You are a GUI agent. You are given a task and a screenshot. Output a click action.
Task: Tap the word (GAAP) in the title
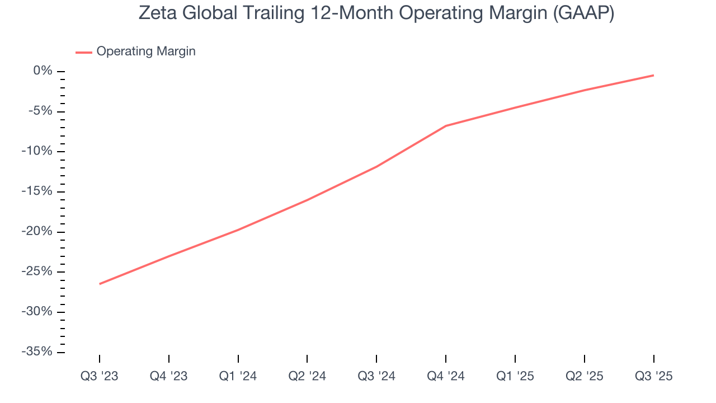point(582,14)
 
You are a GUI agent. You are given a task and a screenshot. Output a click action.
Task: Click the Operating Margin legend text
point(146,51)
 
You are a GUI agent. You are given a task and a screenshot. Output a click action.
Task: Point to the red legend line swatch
point(84,52)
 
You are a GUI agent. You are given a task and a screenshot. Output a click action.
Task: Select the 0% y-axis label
point(43,71)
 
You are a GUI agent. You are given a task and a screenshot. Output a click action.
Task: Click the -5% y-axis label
point(40,111)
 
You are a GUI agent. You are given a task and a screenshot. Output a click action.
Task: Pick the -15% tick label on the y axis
point(37,191)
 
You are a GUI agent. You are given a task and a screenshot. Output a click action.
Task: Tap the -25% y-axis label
point(37,271)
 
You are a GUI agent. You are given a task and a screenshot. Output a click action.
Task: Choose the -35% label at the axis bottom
point(37,352)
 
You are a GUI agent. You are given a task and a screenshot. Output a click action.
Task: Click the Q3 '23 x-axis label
point(100,376)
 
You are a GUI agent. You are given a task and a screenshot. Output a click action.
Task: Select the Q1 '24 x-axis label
point(238,376)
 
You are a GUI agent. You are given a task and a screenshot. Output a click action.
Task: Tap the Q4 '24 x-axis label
point(446,376)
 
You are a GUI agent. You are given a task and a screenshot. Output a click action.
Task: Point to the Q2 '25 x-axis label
point(584,376)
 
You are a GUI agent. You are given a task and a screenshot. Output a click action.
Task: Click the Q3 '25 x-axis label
point(653,376)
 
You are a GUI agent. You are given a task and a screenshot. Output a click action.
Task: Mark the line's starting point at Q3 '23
point(100,284)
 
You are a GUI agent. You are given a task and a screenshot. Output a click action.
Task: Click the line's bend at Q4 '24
point(446,126)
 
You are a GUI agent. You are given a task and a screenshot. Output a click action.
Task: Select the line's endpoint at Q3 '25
point(653,75)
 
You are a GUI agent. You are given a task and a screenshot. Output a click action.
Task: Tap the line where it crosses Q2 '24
point(307,200)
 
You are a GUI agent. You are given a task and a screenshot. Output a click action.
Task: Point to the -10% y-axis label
point(37,151)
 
